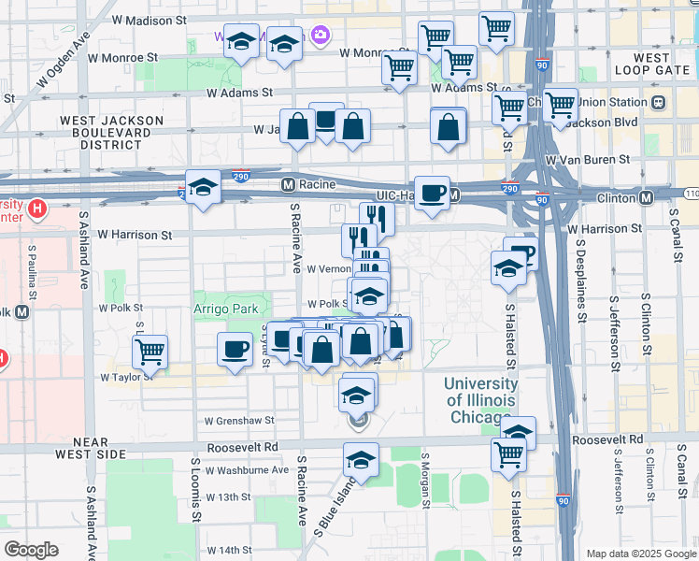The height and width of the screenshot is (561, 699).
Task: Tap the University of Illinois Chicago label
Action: pyautogui.click(x=480, y=399)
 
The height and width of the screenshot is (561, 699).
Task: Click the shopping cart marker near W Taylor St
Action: pyautogui.click(x=150, y=352)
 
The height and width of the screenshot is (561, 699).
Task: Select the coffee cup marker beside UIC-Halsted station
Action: pyautogui.click(x=431, y=194)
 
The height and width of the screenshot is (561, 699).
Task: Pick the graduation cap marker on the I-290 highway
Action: pyautogui.click(x=203, y=187)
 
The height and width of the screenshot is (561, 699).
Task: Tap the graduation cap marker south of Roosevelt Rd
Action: pyautogui.click(x=361, y=459)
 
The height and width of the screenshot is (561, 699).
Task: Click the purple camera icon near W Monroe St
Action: pyautogui.click(x=321, y=35)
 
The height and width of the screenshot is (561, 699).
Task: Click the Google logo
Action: pyautogui.click(x=31, y=550)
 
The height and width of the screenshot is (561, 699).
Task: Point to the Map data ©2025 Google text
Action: pyautogui.click(x=641, y=554)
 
